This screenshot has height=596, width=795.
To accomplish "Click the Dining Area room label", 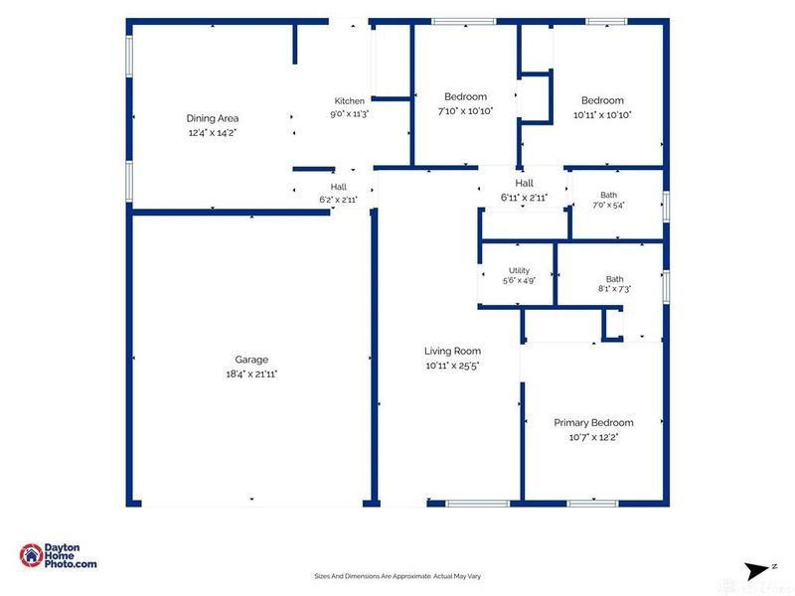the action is [213, 118].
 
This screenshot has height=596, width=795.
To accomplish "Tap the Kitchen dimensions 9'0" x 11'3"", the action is [350, 114].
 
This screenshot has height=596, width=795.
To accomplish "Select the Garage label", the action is [251, 360].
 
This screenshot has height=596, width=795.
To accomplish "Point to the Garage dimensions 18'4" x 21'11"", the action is [251, 374].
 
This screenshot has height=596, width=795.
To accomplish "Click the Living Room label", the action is [452, 352].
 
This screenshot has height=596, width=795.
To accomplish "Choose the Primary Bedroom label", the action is [593, 423].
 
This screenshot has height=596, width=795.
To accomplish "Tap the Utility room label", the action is [519, 270].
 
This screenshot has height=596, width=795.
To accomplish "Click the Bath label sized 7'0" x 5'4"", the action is [608, 195].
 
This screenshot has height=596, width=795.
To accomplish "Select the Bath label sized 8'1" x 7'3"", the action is [614, 279].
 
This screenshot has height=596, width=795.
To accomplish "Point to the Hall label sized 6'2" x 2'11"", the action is [339, 187].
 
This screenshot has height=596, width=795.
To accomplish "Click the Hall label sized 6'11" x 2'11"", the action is [525, 183].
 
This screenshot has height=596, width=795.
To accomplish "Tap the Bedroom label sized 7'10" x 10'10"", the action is [465, 96].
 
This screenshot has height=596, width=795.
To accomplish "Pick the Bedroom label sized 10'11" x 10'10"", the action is [602, 100].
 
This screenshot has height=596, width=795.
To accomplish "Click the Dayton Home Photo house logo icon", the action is [31, 555].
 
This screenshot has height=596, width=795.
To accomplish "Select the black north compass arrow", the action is [755, 571].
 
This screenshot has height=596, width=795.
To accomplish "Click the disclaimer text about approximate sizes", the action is [397, 576].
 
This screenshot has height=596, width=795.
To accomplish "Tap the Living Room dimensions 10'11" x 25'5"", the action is [452, 366].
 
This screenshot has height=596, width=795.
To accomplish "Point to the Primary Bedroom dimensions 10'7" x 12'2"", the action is [593, 437].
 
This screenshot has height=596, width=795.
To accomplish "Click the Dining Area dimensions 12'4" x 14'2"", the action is [213, 133].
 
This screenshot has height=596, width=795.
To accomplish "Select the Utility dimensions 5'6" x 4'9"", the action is [519, 280].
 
